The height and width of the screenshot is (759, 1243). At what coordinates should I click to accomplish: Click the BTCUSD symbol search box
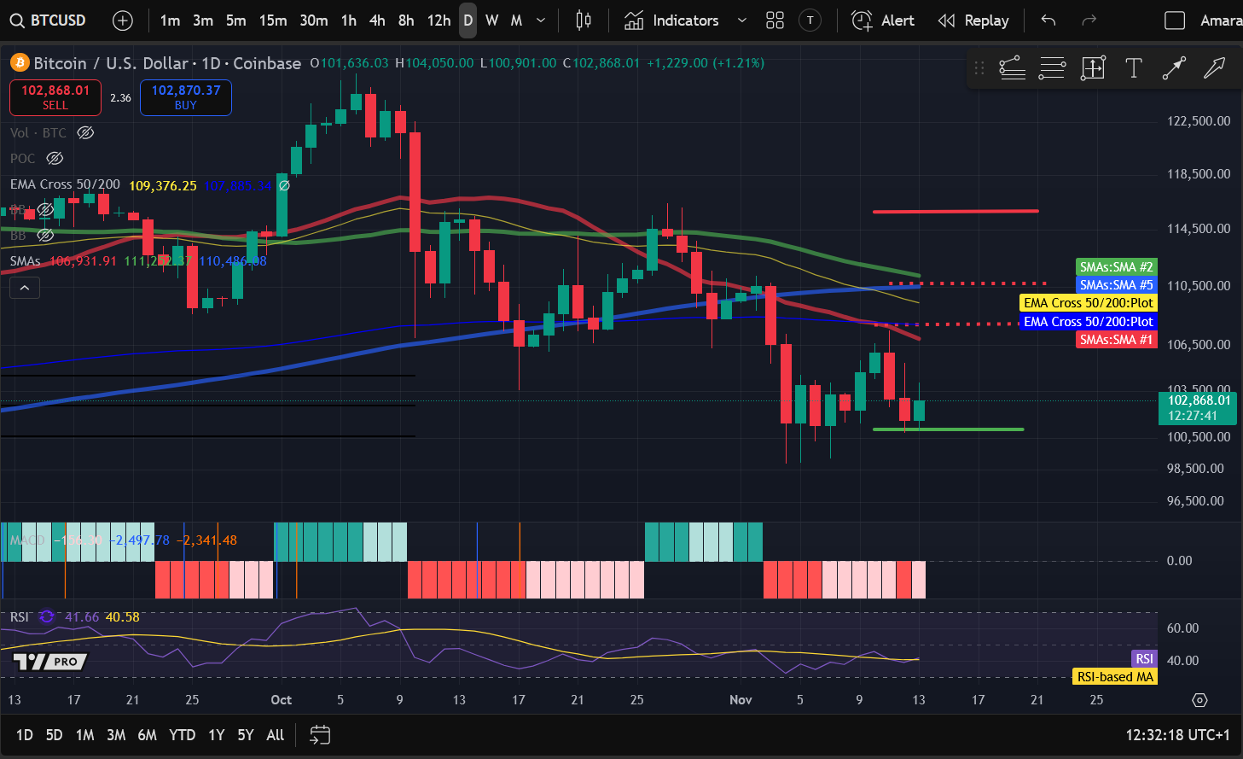pyautogui.click(x=49, y=20)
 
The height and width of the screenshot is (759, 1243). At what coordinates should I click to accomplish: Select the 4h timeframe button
pyautogui.click(x=377, y=20)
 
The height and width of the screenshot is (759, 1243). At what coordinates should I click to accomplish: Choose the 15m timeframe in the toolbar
pyautogui.click(x=273, y=20)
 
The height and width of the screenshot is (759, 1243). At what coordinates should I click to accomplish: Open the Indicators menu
pyautogui.click(x=685, y=20)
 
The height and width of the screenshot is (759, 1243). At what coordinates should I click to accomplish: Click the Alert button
pyautogui.click(x=883, y=20)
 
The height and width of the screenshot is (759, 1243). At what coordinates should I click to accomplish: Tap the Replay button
pyautogui.click(x=973, y=20)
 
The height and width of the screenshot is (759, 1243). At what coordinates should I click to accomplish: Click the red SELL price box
pyautogui.click(x=55, y=97)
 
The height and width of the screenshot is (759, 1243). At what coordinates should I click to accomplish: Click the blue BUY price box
pyautogui.click(x=186, y=97)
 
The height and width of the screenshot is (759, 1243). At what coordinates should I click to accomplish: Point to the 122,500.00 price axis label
pyautogui.click(x=1199, y=121)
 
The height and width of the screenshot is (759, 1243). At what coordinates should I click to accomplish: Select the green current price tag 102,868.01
pyautogui.click(x=1199, y=408)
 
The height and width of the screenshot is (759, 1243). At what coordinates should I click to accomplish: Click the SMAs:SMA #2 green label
pyautogui.click(x=1116, y=267)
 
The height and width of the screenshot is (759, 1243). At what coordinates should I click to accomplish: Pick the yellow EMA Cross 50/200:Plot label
pyautogui.click(x=1088, y=303)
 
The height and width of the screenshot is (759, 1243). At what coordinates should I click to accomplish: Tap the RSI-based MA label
pyautogui.click(x=1114, y=677)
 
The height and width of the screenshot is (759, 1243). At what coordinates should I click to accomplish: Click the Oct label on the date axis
pyautogui.click(x=281, y=700)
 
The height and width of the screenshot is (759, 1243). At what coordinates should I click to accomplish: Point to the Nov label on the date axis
pyautogui.click(x=741, y=700)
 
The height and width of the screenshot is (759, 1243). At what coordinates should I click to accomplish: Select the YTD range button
pyautogui.click(x=182, y=735)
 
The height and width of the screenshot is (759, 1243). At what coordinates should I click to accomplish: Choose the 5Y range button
pyautogui.click(x=246, y=735)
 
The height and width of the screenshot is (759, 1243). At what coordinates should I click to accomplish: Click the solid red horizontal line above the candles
pyautogui.click(x=955, y=211)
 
